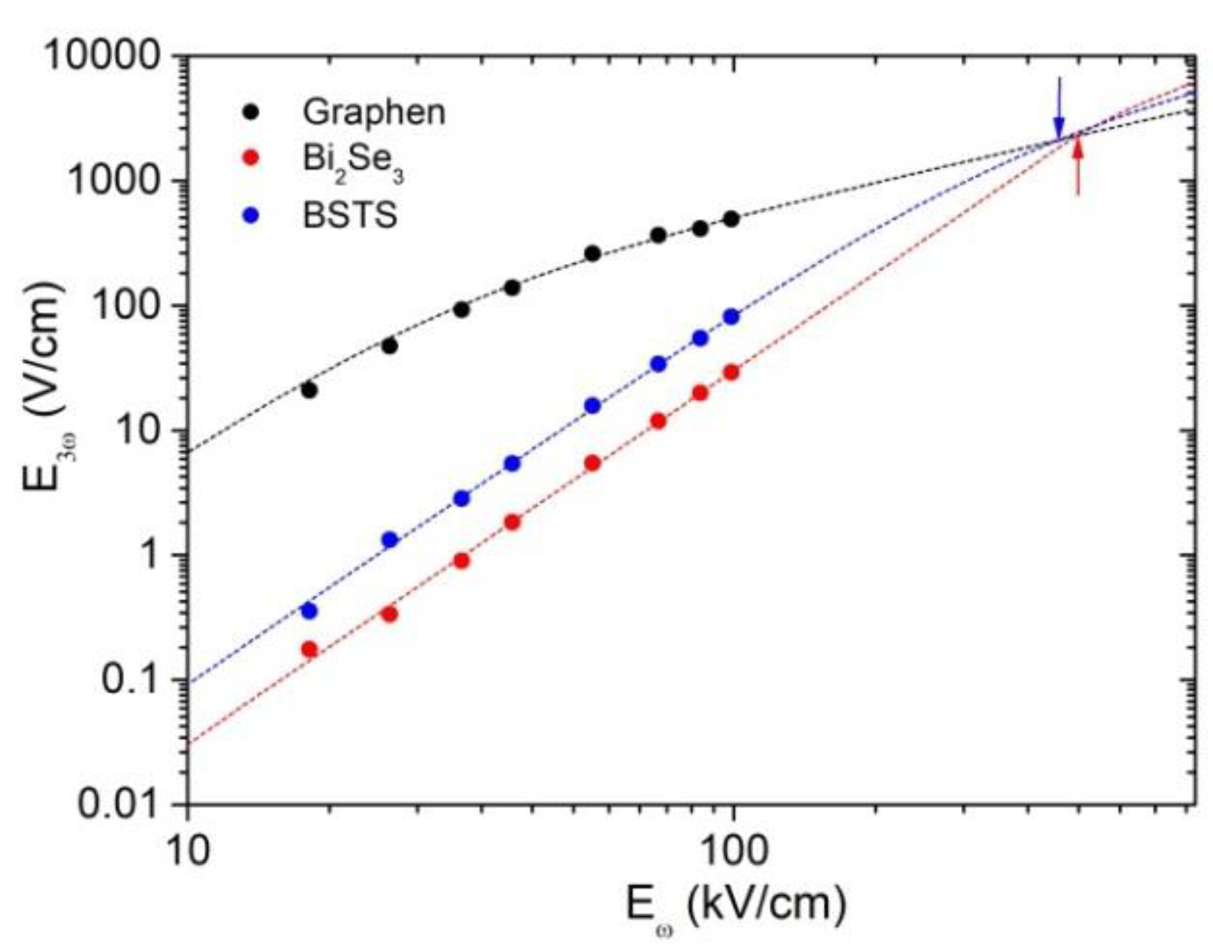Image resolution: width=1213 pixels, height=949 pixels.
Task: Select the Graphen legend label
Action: pyautogui.click(x=374, y=112)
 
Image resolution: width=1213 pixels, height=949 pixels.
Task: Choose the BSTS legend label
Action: pyautogui.click(x=350, y=214)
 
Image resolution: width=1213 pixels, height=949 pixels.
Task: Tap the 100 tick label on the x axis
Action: pyautogui.click(x=732, y=850)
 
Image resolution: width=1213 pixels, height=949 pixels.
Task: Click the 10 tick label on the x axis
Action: pyautogui.click(x=188, y=850)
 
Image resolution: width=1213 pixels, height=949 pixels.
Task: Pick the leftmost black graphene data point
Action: pyautogui.click(x=309, y=390)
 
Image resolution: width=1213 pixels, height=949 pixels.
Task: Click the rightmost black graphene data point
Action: pyautogui.click(x=731, y=219)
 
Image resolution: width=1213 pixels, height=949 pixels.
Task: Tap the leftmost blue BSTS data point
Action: pyautogui.click(x=309, y=610)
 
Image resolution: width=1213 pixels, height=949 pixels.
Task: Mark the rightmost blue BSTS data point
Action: pyautogui.click(x=731, y=317)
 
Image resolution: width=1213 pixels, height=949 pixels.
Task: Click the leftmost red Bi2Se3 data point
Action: pyautogui.click(x=309, y=649)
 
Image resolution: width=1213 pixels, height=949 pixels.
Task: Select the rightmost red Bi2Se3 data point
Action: pyautogui.click(x=731, y=373)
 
